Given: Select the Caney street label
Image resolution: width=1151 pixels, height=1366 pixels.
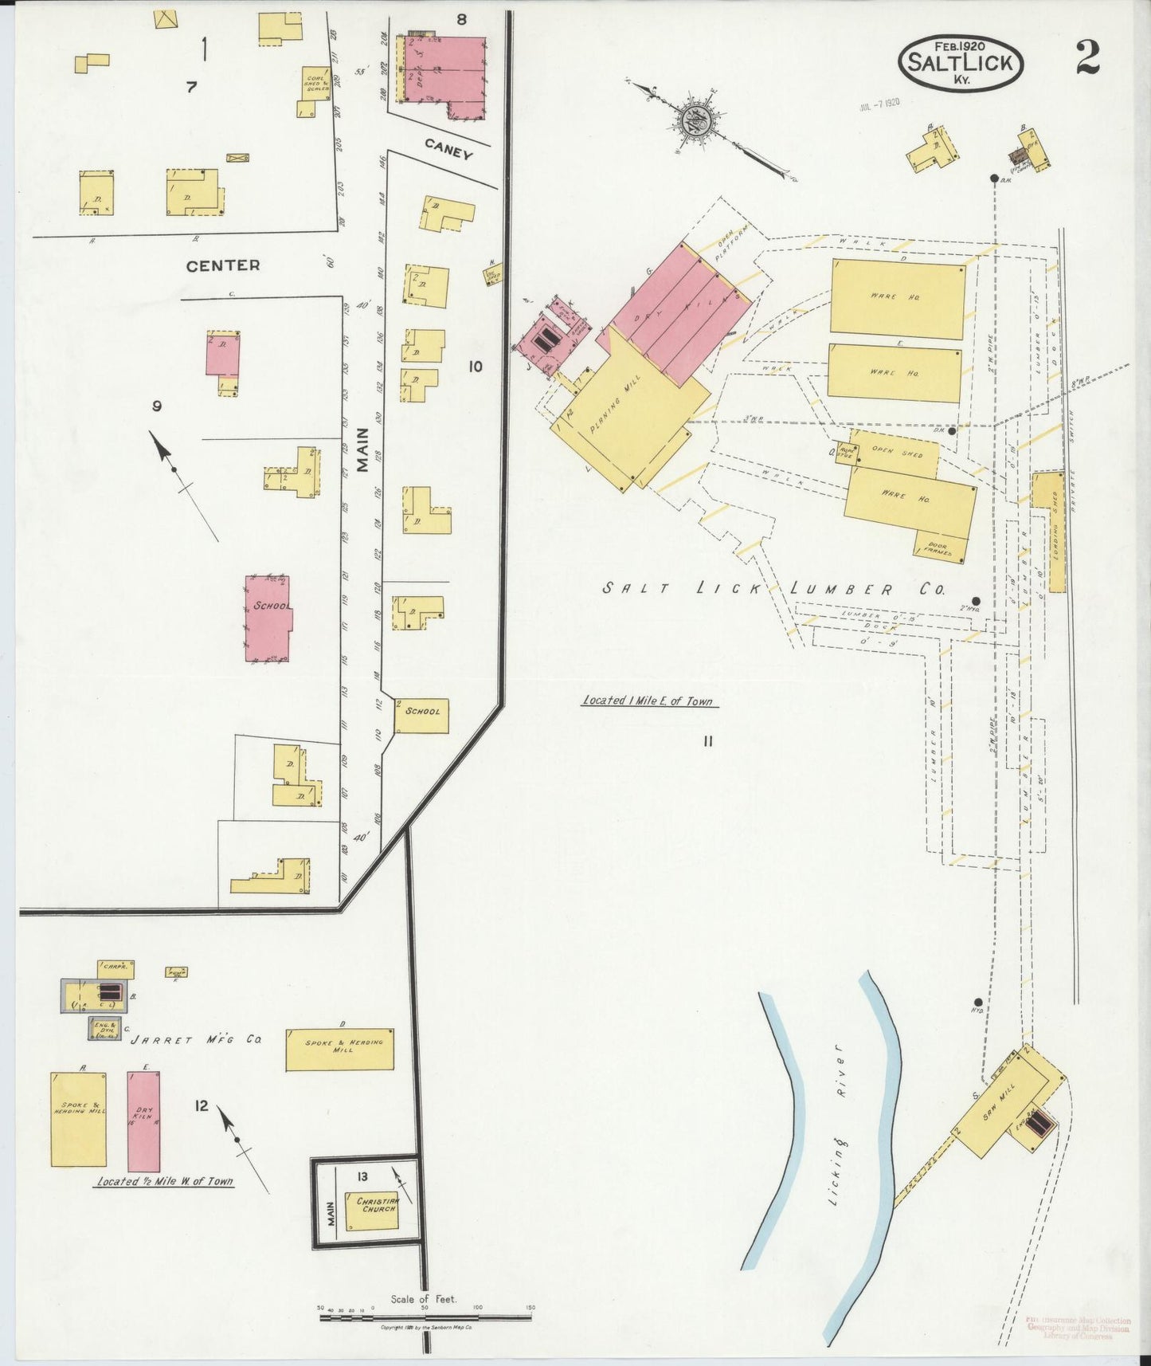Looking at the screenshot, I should tap(448, 148).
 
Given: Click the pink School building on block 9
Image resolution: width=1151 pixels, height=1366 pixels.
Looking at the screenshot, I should tap(267, 618).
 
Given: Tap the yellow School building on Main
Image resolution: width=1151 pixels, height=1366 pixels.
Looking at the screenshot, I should tap(422, 712).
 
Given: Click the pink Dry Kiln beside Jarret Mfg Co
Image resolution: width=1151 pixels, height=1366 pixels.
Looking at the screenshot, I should tap(144, 1120).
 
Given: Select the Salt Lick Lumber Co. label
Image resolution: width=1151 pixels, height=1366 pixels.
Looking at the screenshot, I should tap(773, 590).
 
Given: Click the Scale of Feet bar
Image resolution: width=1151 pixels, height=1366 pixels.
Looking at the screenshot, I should tap(425, 1313).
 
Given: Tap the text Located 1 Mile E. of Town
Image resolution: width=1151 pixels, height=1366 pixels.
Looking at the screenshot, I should tap(648, 701).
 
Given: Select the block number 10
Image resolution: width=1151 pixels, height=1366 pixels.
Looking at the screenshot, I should tap(476, 367).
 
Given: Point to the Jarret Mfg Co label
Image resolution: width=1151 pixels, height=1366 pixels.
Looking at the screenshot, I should tap(197, 1040).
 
